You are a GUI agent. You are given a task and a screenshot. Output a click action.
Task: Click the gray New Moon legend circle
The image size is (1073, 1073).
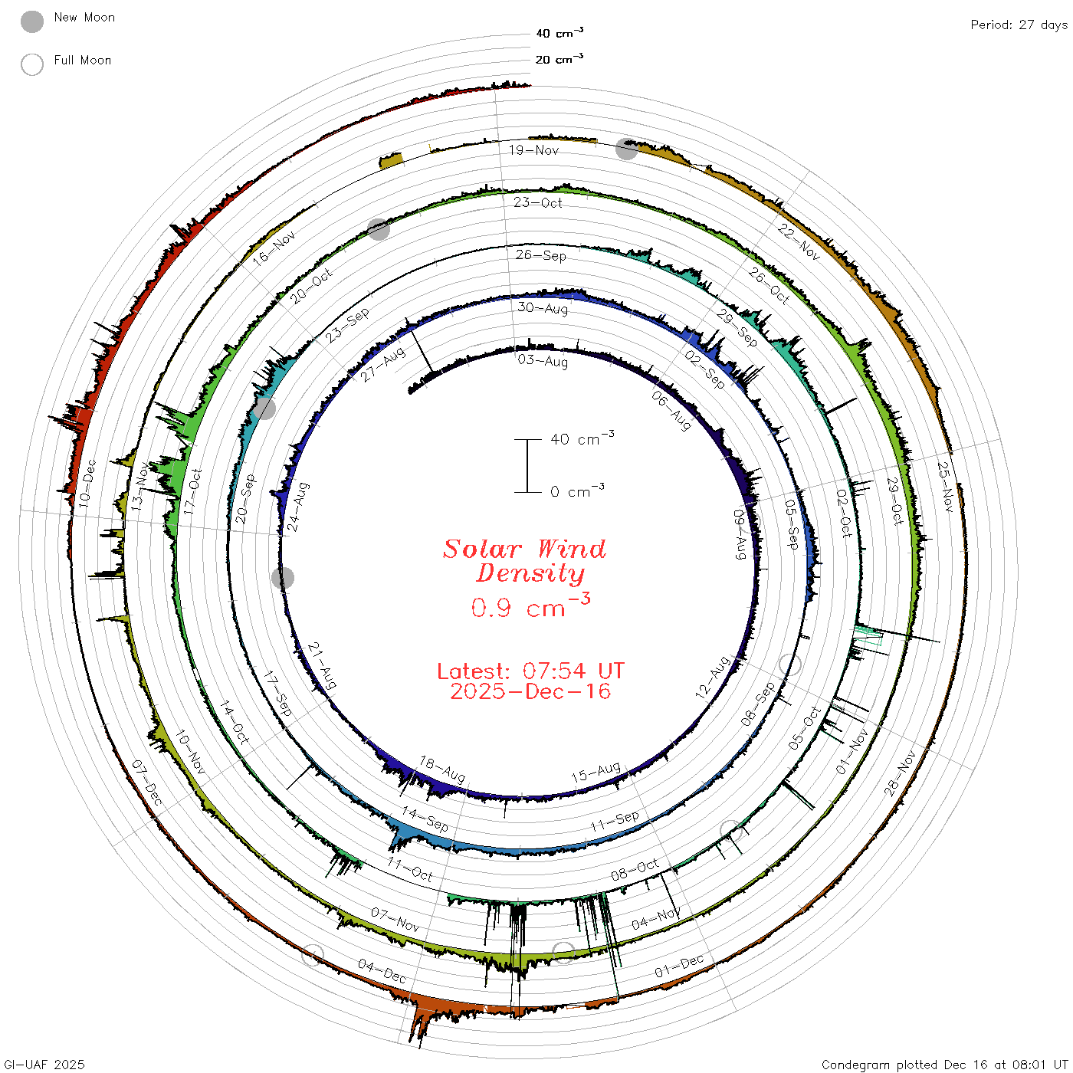click(x=31, y=21)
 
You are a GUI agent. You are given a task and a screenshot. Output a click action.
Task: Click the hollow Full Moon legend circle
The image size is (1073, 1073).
click(x=31, y=64)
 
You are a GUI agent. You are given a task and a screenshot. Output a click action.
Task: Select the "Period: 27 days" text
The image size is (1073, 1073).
click(x=1019, y=25)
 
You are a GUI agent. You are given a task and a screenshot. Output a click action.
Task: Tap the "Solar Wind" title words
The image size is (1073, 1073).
click(x=524, y=549)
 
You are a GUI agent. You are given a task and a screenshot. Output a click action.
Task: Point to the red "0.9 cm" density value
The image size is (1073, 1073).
click(x=518, y=608)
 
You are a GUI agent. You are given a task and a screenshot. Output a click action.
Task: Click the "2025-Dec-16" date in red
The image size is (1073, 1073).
click(x=530, y=691)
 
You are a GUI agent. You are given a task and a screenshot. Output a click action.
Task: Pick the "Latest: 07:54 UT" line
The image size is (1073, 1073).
click(x=530, y=671)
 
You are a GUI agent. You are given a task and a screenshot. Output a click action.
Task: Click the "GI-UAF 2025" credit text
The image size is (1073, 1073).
click(x=44, y=1065)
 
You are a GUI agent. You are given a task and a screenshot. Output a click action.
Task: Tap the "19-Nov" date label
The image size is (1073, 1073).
click(x=533, y=149)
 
